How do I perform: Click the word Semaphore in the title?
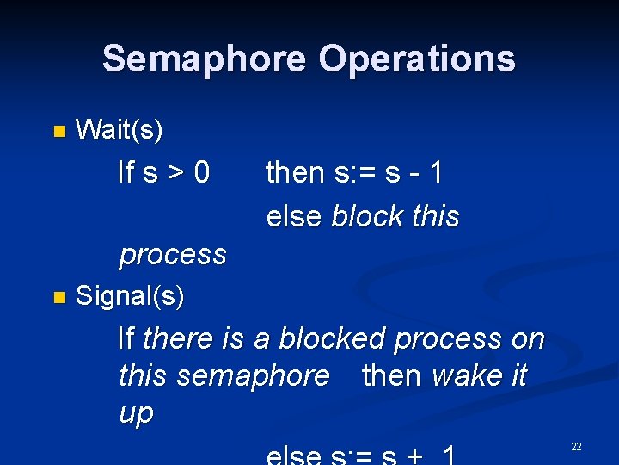204,59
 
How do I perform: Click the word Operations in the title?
417,59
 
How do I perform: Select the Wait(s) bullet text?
120,130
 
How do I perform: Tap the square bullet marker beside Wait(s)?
58,132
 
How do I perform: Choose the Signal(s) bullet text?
130,296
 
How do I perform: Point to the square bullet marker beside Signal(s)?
58,298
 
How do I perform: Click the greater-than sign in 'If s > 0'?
176,173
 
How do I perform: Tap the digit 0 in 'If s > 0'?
202,173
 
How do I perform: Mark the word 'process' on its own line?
173,255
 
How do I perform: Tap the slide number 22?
576,446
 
